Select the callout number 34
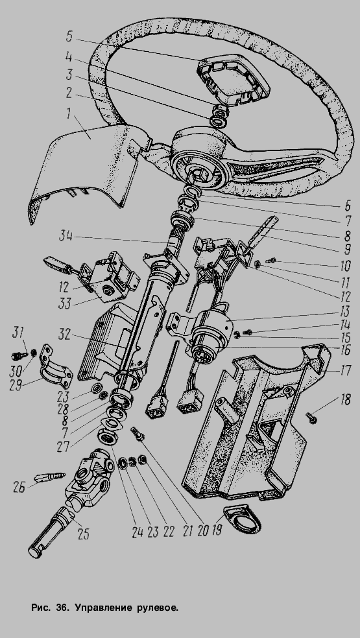(66, 235)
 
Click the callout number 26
(19, 487)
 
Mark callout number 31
(17, 333)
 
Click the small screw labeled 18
(311, 418)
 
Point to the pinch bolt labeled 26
(51, 477)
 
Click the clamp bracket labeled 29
(55, 367)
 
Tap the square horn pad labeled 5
(234, 78)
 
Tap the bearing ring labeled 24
(108, 438)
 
